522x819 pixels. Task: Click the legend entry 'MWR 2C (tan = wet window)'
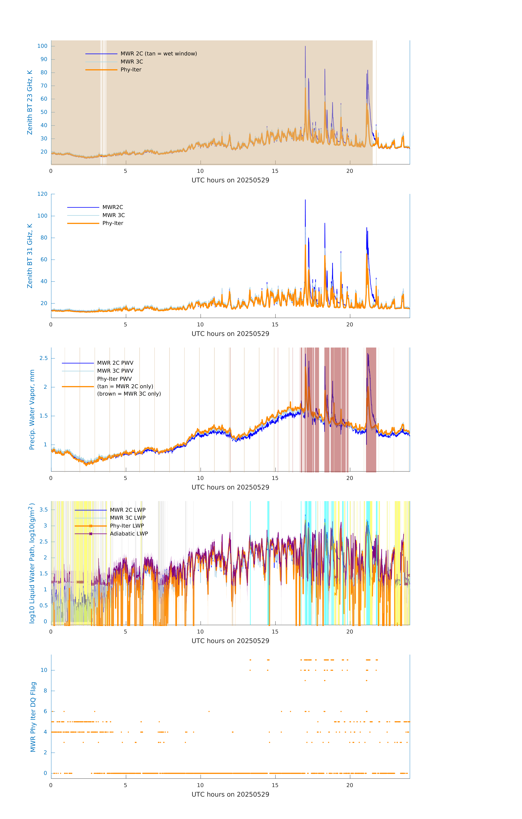(158, 54)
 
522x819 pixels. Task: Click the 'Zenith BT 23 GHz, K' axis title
(30, 102)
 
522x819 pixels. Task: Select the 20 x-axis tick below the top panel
(350, 171)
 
